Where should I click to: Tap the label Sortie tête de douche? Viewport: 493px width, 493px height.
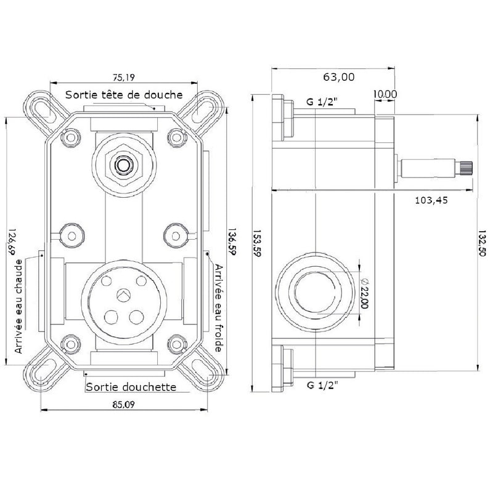tap(124, 94)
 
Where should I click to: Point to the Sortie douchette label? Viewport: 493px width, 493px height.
tap(131, 387)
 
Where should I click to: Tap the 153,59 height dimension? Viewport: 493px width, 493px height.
tap(257, 242)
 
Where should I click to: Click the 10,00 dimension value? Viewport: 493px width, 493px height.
tap(385, 94)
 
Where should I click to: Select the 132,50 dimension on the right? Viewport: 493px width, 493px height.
tap(483, 242)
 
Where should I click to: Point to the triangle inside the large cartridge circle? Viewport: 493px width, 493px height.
tap(124, 295)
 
